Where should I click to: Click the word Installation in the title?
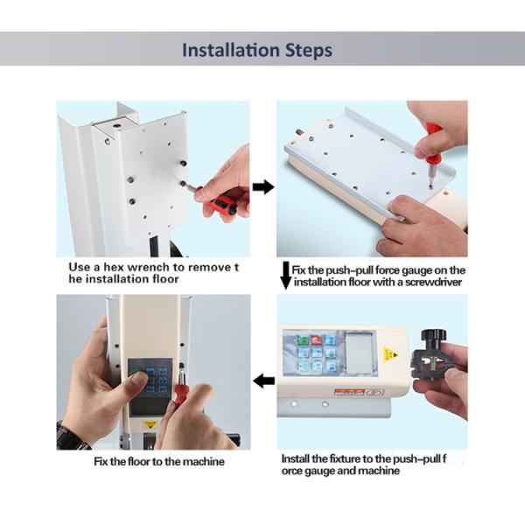coord(231,50)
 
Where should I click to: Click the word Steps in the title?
coord(309,51)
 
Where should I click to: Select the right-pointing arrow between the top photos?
coord(263,187)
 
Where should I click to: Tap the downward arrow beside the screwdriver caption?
coord(285,276)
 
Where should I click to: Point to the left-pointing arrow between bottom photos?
coord(264,381)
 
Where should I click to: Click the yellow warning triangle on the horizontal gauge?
coord(390,353)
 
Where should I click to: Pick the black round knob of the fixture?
coord(434,336)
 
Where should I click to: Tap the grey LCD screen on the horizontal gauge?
coord(360,353)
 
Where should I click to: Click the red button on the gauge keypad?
coord(317,340)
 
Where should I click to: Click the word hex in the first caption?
coord(114,267)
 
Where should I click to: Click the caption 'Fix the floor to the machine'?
coord(159,462)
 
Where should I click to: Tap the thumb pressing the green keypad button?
coord(140,379)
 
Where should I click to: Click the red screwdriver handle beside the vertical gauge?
coord(181,386)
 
